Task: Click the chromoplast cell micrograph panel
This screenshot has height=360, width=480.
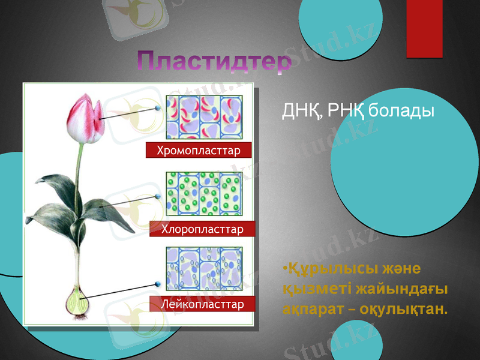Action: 204,117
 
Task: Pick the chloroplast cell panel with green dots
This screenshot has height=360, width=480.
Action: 204,194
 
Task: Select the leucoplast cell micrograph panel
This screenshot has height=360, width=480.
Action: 204,269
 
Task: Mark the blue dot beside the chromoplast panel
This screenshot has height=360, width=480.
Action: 158,108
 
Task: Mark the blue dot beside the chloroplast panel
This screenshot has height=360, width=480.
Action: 158,196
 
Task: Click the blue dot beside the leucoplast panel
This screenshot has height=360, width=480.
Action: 158,283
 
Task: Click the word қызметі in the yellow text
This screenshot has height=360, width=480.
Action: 316,289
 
